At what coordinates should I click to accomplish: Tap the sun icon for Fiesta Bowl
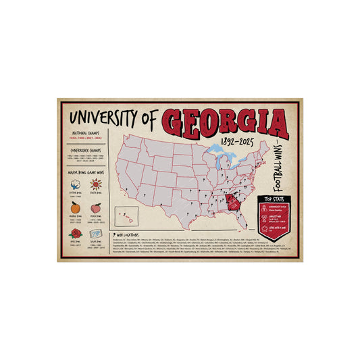(95, 184)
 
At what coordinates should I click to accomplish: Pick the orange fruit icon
(75, 208)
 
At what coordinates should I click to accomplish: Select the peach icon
(95, 208)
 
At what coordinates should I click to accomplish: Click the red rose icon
(75, 233)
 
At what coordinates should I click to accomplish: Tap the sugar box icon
(95, 233)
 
